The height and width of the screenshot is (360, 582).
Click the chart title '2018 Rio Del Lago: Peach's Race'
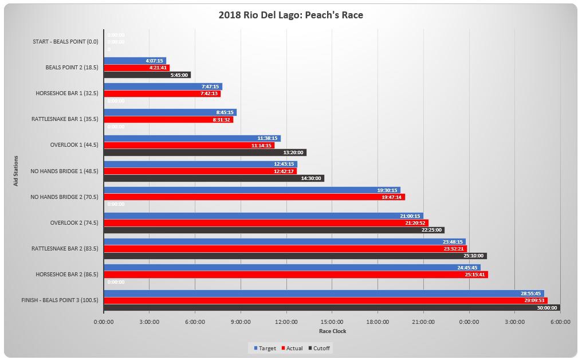coord(290,15)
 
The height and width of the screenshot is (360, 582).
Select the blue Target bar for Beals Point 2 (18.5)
coord(135,60)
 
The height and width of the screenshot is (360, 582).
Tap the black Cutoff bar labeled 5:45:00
coord(147,75)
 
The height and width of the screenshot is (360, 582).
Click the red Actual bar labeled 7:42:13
coord(162,93)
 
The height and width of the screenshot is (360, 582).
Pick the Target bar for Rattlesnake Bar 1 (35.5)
coord(170,112)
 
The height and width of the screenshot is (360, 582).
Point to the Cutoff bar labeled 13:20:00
coord(205,152)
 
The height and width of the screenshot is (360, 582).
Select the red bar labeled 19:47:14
coord(254,197)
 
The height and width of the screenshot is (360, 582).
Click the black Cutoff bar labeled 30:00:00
coord(332,307)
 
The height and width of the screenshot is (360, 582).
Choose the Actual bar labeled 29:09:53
coord(325,300)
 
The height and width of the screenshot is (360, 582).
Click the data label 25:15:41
coord(475,275)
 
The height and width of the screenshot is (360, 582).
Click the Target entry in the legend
coord(265,348)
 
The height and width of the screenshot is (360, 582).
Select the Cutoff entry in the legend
coord(320,348)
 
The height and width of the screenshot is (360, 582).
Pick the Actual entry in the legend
coord(292,348)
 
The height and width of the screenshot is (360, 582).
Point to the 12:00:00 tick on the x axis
coord(286,322)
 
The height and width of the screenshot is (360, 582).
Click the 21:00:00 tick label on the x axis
coord(423,322)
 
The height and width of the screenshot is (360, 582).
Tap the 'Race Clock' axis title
coord(332,331)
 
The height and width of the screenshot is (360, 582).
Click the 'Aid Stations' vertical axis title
coord(16,171)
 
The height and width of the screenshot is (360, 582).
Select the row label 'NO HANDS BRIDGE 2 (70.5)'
coord(64,197)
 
